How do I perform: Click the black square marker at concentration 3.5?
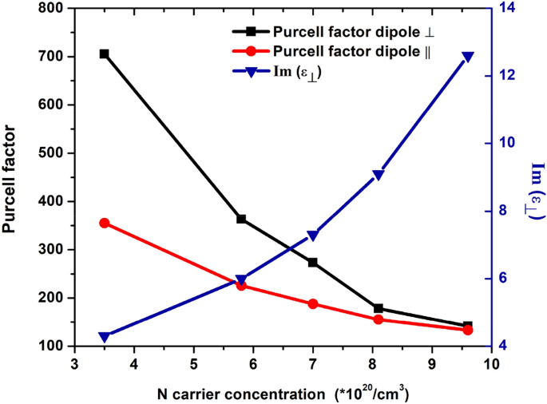point(104,53)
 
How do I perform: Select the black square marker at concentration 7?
point(313,262)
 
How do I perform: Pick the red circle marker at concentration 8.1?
point(379,319)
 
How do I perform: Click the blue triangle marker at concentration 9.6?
point(468,57)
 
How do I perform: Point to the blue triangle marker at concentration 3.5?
point(104,337)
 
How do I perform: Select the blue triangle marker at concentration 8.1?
point(379,176)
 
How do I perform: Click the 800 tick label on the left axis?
point(50,9)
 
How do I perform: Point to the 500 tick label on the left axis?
point(50,153)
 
